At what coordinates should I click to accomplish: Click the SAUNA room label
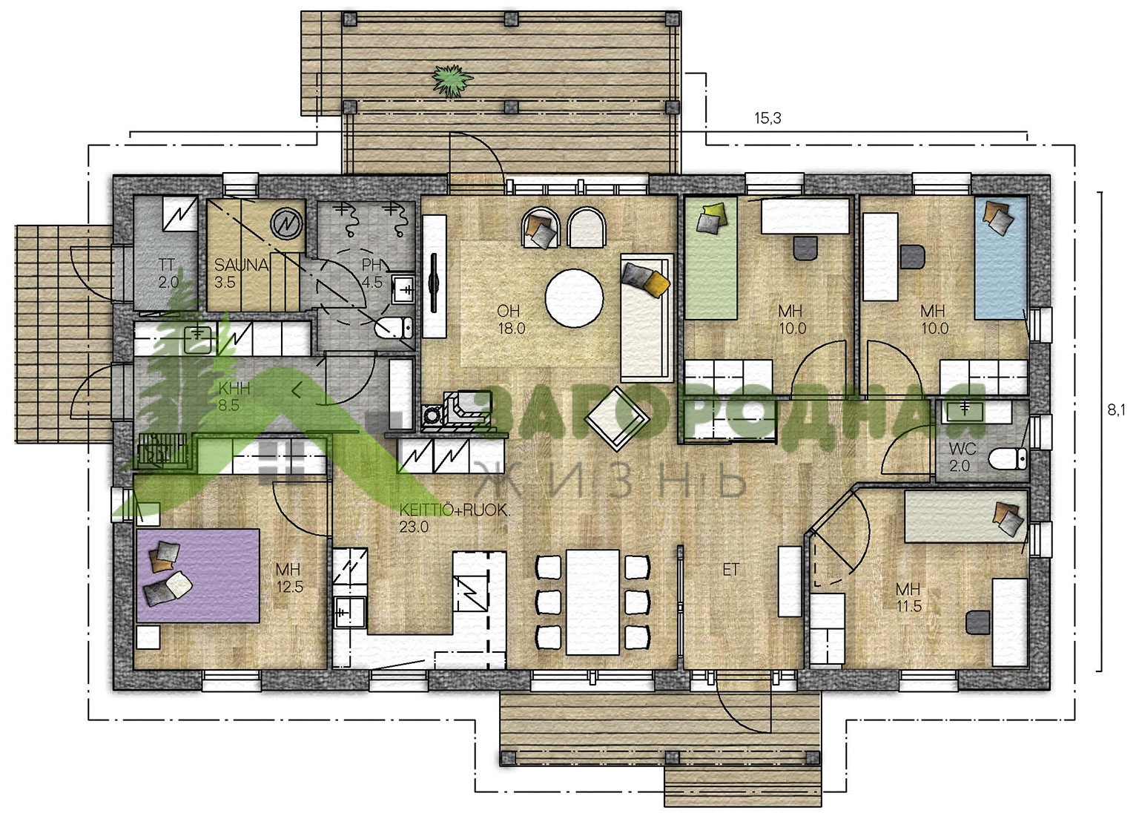pos(240,265)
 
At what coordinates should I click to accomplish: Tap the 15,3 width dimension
pos(767,119)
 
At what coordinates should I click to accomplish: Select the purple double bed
pos(198,576)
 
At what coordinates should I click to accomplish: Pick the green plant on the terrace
pos(452,80)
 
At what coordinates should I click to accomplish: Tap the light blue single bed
pos(1000,258)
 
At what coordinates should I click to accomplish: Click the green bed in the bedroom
pos(711,258)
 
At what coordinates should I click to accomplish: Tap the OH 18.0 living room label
pos(511,320)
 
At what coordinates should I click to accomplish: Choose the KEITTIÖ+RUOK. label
pos(454,510)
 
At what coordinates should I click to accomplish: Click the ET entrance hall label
pos(730,570)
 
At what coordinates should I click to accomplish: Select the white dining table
pos(592,602)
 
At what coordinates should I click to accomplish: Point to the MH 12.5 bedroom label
pos(289,578)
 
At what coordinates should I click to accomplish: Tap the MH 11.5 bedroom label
pos(908,597)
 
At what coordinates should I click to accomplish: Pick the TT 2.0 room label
pos(168,273)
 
